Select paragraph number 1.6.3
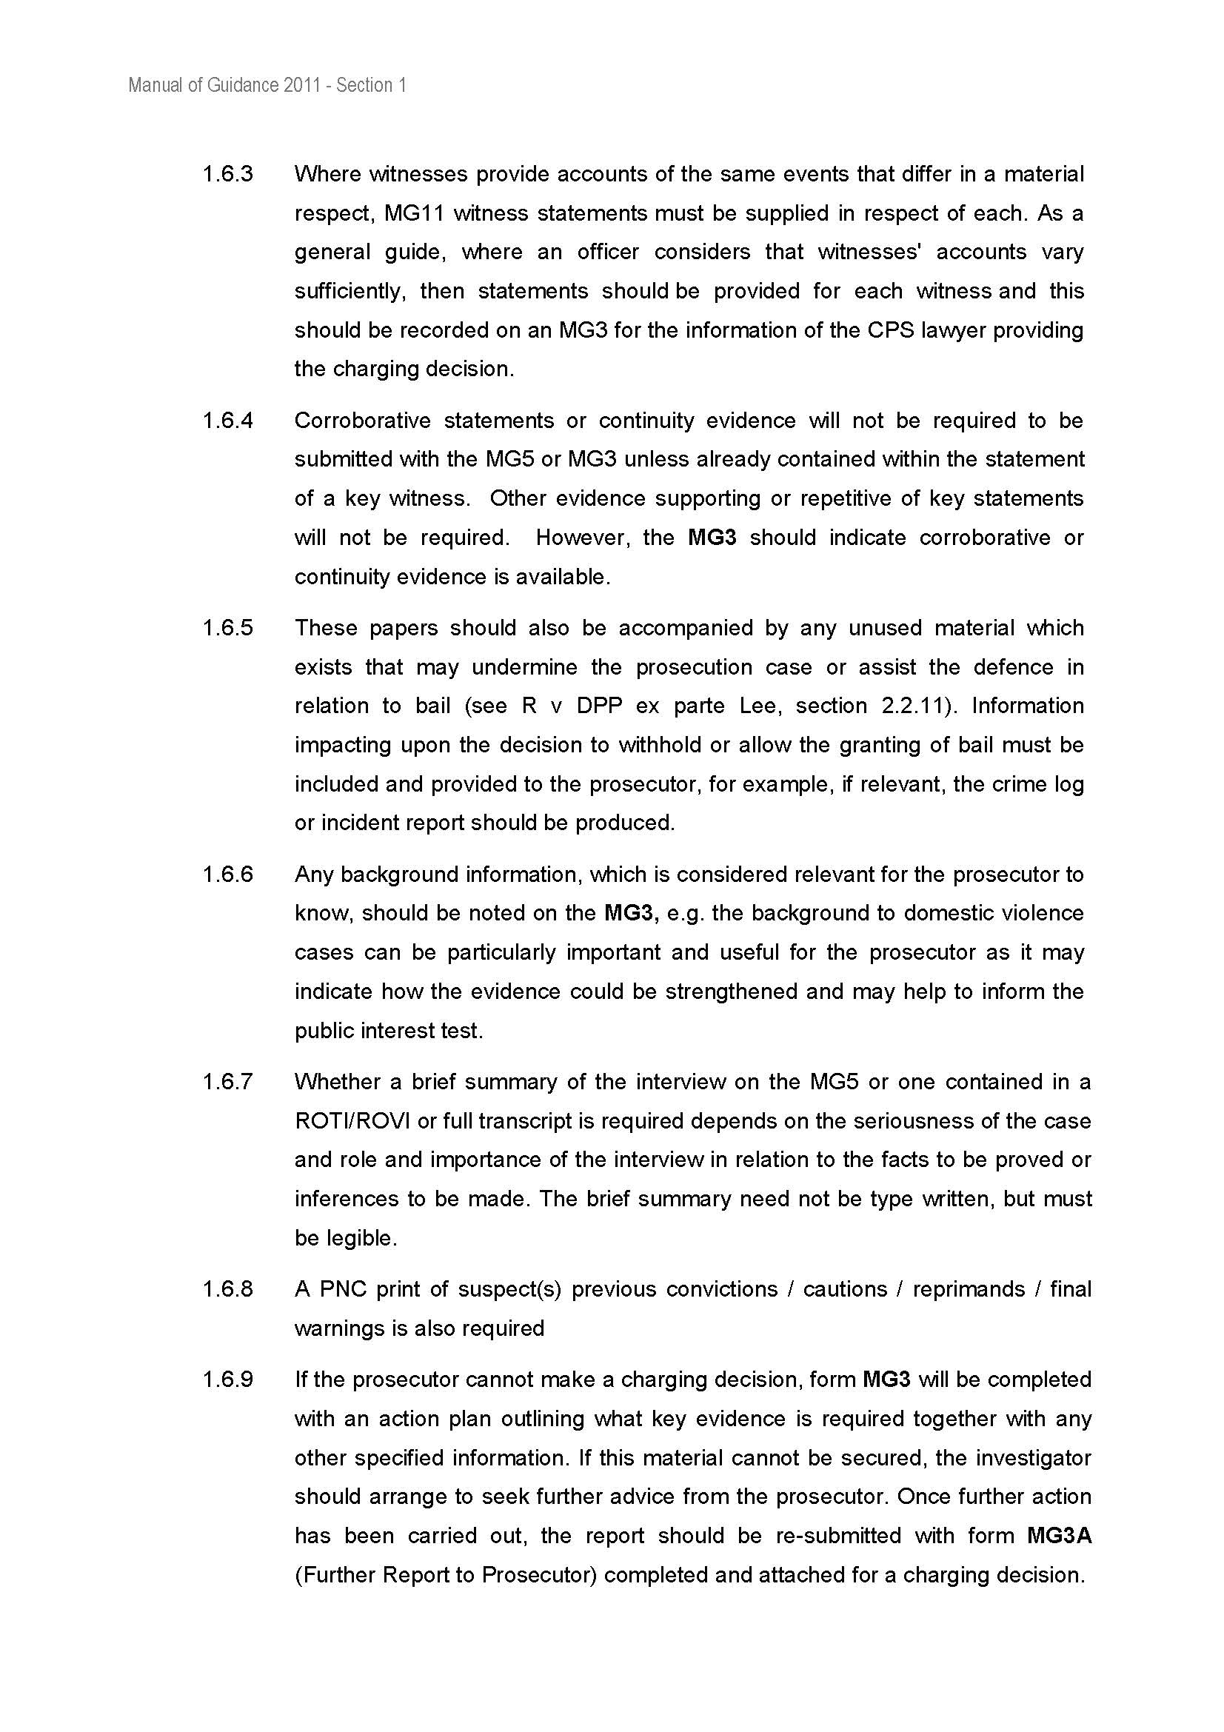point(227,174)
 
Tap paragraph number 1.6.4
point(227,420)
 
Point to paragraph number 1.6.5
point(227,628)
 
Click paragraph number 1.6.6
point(227,875)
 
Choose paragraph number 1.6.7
point(227,1082)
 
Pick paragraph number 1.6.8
point(227,1289)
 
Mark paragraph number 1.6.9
point(227,1380)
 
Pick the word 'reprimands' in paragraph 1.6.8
point(969,1289)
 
